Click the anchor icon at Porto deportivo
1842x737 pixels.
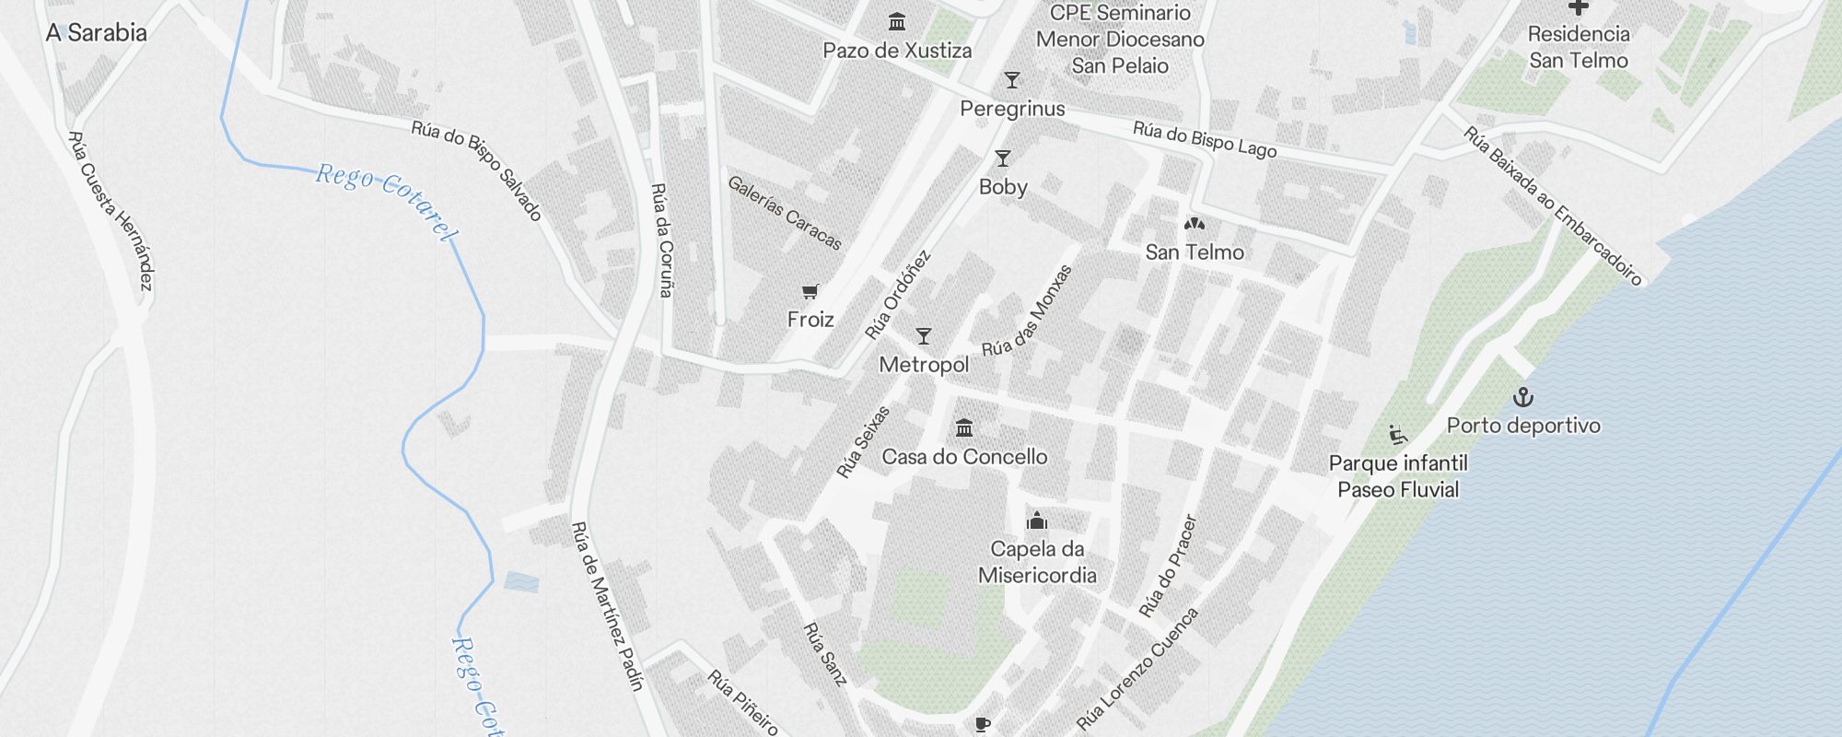[x=1523, y=398]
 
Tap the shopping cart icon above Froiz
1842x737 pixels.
[x=810, y=292]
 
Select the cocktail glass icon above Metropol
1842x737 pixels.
[x=924, y=336]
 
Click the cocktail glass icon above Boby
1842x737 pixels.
[x=1003, y=158]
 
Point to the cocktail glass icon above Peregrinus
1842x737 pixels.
[x=1012, y=80]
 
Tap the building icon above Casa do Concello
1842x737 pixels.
[x=964, y=427]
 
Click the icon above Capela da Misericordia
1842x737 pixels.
[x=1037, y=521]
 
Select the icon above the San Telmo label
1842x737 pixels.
[x=1195, y=224]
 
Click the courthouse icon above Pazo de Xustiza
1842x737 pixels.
[x=897, y=21]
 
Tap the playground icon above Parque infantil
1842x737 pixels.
[x=1398, y=435]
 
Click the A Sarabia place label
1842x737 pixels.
[x=97, y=33]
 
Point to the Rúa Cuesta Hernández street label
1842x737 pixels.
[x=111, y=211]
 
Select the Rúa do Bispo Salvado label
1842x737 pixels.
[x=476, y=170]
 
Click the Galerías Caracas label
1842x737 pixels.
[x=785, y=213]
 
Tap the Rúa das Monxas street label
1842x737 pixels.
[x=1028, y=311]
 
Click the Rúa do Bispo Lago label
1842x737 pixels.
[x=1205, y=139]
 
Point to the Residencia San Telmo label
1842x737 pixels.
[x=1579, y=47]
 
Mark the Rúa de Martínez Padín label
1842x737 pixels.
[x=607, y=605]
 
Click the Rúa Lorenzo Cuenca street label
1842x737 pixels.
[x=1138, y=668]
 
